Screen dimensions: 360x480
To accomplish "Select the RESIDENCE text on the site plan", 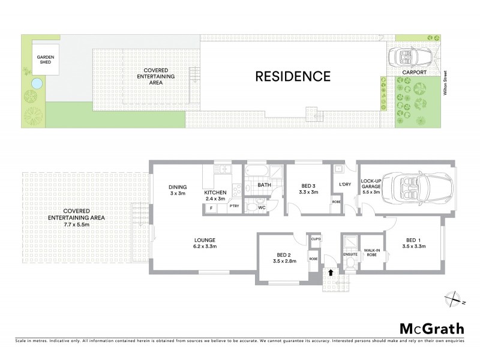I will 293,76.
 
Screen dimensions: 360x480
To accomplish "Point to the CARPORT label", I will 414,73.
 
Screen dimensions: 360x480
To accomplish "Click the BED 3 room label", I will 308,189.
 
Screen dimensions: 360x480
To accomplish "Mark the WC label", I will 261,208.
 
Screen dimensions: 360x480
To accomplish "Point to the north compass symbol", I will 455,298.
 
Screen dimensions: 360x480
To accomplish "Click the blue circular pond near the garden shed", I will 36,83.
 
